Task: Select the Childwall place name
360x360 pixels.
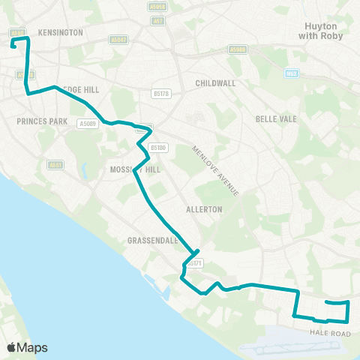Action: coord(215,82)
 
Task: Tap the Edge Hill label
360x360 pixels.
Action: coord(81,90)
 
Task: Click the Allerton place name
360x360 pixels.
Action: coord(204,209)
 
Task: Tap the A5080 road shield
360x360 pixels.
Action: coord(238,49)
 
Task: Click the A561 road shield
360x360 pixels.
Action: coord(55,165)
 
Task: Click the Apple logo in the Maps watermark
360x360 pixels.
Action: coord(11,347)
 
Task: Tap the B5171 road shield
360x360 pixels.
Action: coord(194,264)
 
